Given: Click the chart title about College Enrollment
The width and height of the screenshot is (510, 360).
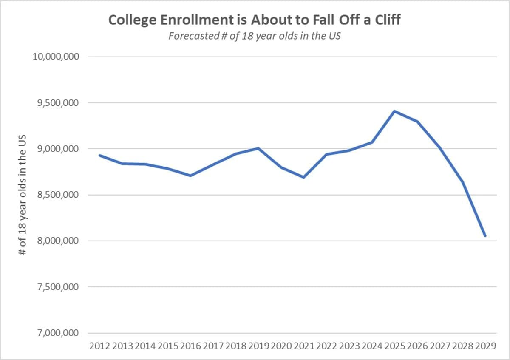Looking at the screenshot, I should pyautogui.click(x=254, y=20).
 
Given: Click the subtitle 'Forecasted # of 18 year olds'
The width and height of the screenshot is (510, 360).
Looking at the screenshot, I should pyautogui.click(x=255, y=36).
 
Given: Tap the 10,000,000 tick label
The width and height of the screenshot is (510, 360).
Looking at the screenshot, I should pyautogui.click(x=56, y=57).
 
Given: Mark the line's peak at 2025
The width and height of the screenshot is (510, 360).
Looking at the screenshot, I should pyautogui.click(x=395, y=111).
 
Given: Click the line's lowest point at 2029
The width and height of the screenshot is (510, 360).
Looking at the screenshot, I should pyautogui.click(x=485, y=236).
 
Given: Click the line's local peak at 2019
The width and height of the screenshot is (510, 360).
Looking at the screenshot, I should pyautogui.click(x=258, y=148).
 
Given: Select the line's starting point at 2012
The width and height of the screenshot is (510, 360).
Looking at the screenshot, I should pyautogui.click(x=100, y=155).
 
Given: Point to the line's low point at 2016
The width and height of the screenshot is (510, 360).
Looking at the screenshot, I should pyautogui.click(x=190, y=176).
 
